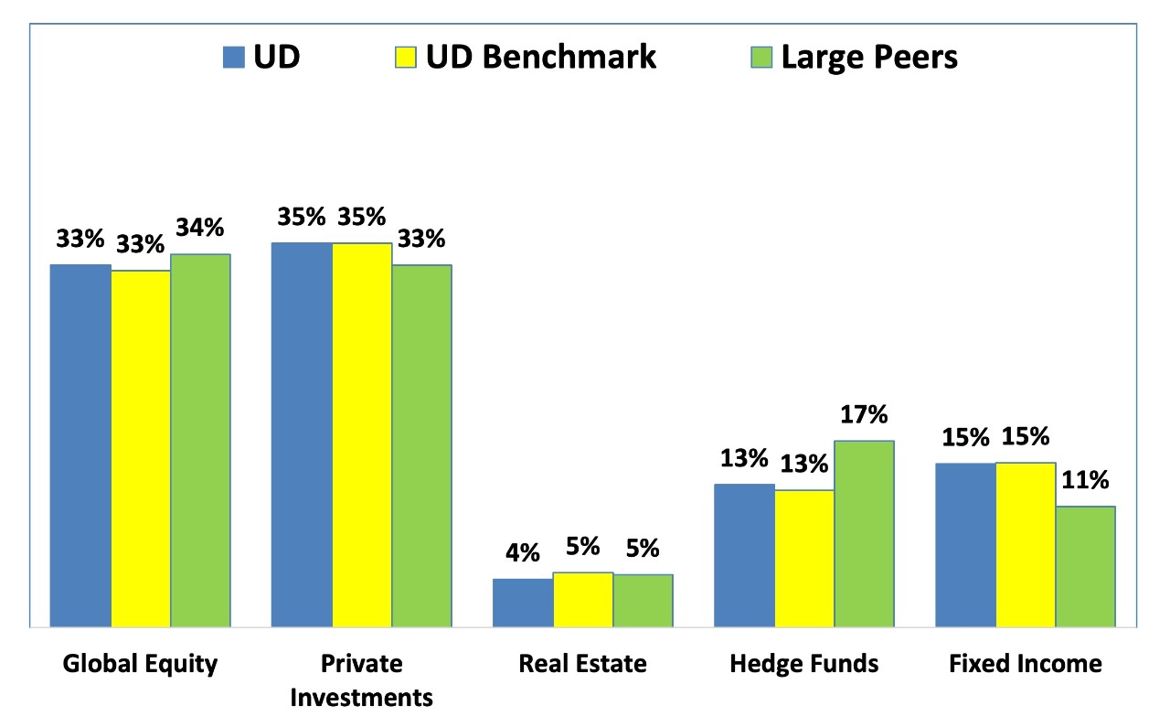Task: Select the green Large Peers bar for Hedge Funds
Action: pos(864,534)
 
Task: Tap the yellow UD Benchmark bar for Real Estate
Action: pos(583,600)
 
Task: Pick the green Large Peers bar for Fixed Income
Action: pos(1085,567)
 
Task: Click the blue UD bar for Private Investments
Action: pos(302,434)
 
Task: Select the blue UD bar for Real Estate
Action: pos(523,603)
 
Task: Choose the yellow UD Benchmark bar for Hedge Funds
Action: pos(804,559)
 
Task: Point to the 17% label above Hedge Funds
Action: pos(864,414)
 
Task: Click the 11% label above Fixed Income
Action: pos(1085,480)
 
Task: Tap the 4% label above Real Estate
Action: pos(523,553)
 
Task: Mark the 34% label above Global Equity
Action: pos(200,229)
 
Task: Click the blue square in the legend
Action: pos(234,58)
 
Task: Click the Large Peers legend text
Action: pos(868,57)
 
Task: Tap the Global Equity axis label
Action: pos(141,663)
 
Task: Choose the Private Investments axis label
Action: pos(361,680)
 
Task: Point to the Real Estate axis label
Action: pos(582,663)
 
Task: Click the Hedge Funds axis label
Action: pos(804,663)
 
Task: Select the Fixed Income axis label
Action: pos(1025,663)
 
